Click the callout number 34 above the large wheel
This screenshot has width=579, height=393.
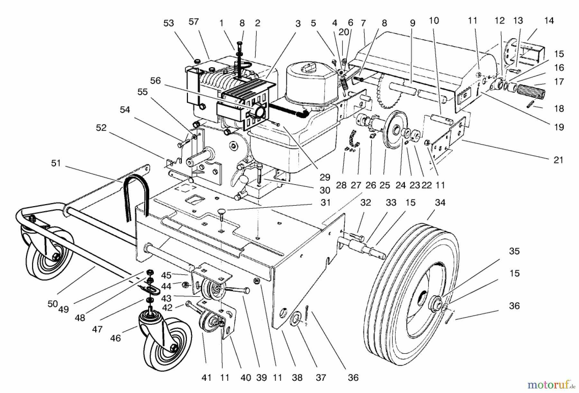point(440,203)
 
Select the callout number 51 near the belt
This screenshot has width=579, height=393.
point(56,163)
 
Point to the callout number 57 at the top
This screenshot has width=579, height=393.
point(194,22)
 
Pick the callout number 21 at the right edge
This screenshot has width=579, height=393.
point(558,160)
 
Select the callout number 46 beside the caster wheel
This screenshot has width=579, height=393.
point(115,338)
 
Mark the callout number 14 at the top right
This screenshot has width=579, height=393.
point(549,21)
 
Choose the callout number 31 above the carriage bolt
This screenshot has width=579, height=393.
point(325,203)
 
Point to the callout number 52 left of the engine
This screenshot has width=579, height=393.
point(101,128)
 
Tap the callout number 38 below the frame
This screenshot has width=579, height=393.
point(297,378)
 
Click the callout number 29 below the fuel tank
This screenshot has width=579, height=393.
point(325,178)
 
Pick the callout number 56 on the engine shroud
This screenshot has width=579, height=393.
point(155,80)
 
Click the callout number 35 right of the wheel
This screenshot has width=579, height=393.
point(514,251)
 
